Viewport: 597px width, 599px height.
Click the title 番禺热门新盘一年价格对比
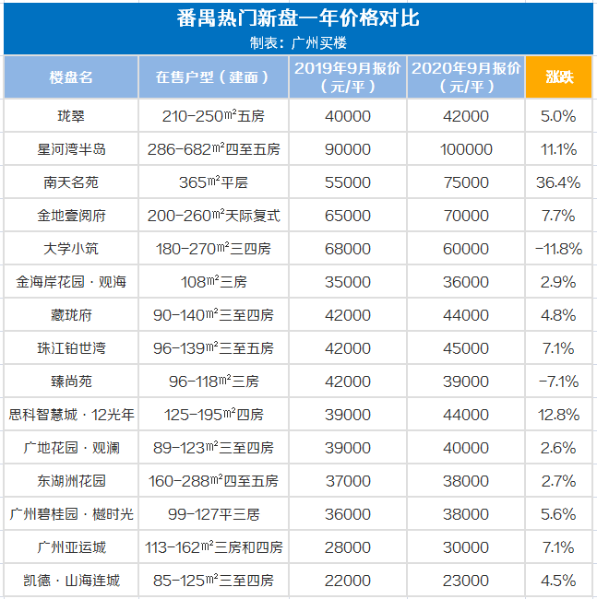298,18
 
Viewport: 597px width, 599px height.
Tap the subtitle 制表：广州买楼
298,42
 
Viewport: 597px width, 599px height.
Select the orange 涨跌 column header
558,77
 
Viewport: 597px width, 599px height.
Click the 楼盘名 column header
71,77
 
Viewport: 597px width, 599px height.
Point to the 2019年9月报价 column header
348,77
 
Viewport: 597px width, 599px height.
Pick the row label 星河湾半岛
71,149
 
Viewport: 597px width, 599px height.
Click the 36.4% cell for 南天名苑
558,182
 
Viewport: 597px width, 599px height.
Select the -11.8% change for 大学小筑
558,249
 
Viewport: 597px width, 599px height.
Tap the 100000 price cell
466,149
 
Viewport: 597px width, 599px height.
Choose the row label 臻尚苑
71,382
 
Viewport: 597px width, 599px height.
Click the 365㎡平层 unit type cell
213,182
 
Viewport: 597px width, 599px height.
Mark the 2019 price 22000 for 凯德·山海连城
348,581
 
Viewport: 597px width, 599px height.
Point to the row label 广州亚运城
71,547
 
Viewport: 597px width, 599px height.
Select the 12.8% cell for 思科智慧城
558,415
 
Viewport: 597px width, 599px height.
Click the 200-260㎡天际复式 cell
213,216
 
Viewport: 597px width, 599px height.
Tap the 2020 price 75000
466,182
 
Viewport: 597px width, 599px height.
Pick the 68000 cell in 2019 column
348,249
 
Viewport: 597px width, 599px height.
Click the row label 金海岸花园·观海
71,282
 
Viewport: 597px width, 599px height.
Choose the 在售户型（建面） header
213,77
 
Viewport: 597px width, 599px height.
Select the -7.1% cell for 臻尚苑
558,382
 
